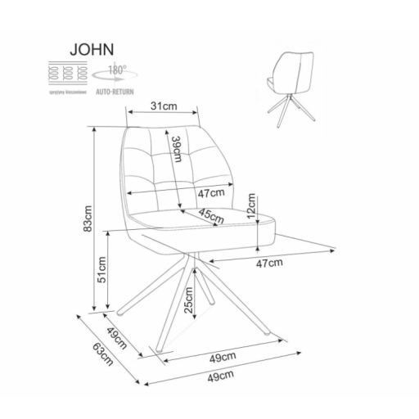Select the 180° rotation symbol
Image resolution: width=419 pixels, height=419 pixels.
coord(112,70)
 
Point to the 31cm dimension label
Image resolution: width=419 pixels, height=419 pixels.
coord(165,105)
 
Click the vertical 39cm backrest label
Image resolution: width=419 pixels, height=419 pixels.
coord(177,152)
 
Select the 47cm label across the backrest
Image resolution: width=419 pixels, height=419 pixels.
coord(210,194)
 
